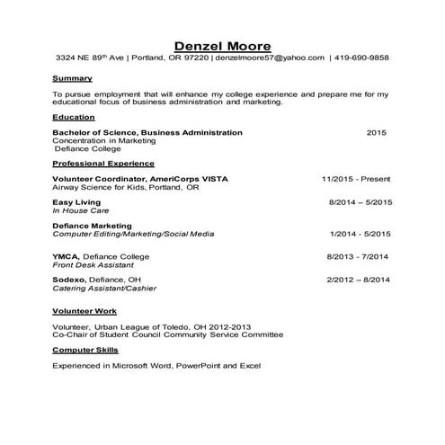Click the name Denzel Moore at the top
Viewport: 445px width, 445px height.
click(x=221, y=45)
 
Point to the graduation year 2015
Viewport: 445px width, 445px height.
click(x=377, y=132)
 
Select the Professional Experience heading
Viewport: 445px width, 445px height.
click(x=103, y=164)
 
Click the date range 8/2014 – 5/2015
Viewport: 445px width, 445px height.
click(x=360, y=202)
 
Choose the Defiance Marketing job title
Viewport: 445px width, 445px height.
click(x=93, y=226)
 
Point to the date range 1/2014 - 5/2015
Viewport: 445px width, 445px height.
click(x=360, y=234)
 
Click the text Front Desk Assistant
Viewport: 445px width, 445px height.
click(x=93, y=265)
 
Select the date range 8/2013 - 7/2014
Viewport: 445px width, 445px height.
click(x=358, y=257)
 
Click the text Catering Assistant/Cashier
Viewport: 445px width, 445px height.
click(x=103, y=289)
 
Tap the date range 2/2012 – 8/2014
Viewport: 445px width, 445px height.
click(x=358, y=280)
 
